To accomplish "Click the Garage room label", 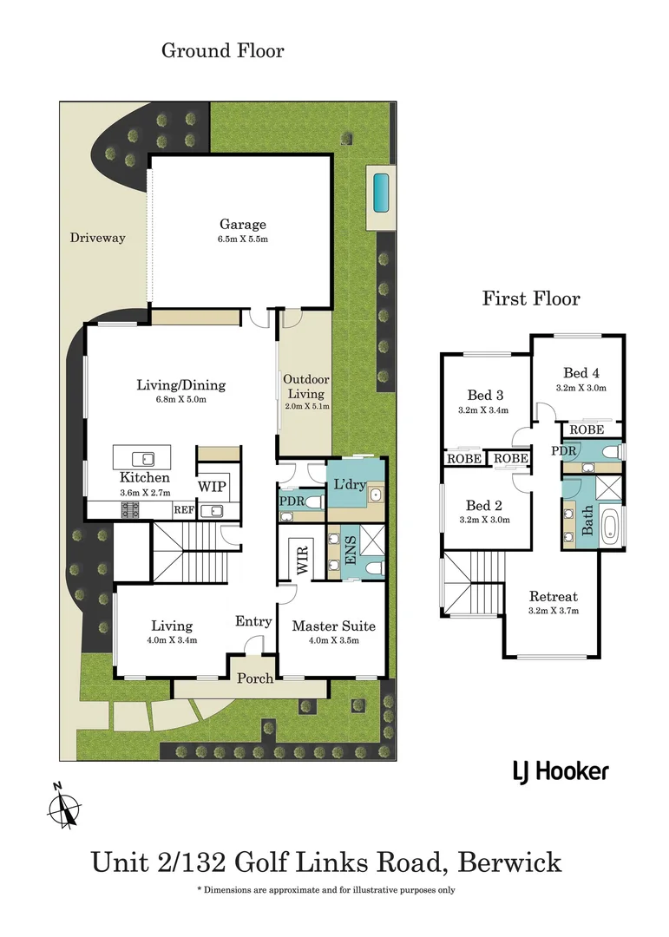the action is click(242, 225).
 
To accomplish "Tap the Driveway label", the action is click(98, 238).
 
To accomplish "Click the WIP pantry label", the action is click(211, 487).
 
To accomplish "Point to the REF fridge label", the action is click(183, 511).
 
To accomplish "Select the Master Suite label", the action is click(333, 626).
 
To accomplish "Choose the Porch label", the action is click(255, 678).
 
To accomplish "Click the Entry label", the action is click(253, 621).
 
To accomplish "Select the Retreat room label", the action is click(553, 597).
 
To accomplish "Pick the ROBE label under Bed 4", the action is click(587, 429).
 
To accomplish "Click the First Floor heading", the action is click(531, 298).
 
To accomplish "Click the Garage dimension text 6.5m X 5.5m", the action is click(242, 239).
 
